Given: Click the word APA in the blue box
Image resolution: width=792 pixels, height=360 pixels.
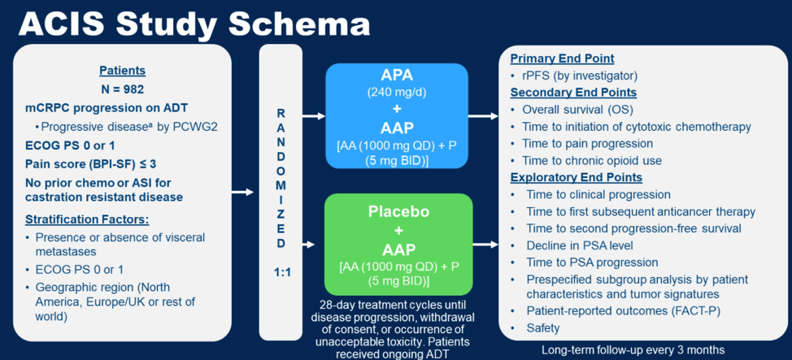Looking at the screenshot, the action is tap(397, 76).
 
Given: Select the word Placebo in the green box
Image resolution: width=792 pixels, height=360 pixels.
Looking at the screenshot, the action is tap(398, 210).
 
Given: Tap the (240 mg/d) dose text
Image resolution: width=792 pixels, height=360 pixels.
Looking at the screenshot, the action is tap(397, 93).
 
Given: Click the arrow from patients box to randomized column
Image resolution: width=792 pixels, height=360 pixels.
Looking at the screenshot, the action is tap(242, 192).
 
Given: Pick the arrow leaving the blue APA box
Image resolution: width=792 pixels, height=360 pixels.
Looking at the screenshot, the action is tap(483, 116).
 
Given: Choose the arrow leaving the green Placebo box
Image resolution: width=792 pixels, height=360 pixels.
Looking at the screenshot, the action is tap(485, 245).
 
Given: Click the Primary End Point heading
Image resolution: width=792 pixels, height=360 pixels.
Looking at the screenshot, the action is tap(562, 59).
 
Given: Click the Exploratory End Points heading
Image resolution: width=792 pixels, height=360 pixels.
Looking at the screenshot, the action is tap(577, 178).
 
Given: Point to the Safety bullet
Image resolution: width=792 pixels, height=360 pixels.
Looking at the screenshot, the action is tap(535, 328).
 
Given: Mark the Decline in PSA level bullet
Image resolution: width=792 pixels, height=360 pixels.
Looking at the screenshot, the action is tap(572, 245).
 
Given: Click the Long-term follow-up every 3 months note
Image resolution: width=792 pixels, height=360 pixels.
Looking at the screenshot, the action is tap(633, 350).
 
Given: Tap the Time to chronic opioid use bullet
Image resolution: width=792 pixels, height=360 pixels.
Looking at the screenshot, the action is tap(586, 161).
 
